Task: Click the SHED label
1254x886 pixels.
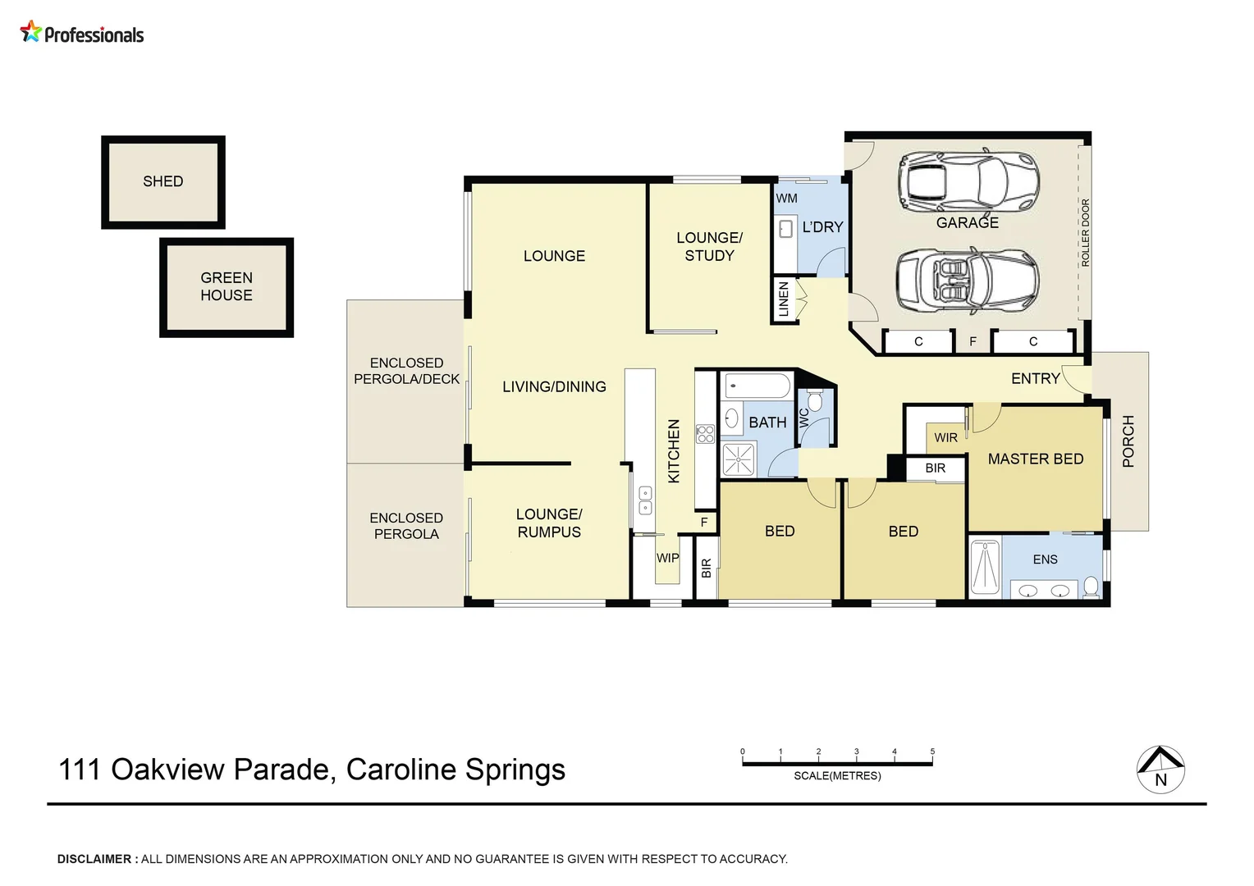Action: pos(162,181)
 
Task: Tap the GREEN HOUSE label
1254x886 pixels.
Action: pos(227,286)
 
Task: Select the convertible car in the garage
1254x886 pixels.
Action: pos(967,281)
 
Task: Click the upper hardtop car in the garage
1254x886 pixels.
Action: pos(968,180)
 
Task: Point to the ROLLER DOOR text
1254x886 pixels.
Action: pos(1085,232)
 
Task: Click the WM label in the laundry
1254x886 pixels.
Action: pos(786,198)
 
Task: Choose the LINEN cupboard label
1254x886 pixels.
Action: pos(784,299)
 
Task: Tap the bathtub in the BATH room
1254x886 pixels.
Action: pos(757,386)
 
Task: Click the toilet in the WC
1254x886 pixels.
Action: pos(814,401)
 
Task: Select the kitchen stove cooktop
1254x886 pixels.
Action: pos(705,434)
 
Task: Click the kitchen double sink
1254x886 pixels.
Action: pos(645,500)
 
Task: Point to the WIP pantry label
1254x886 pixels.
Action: pos(667,558)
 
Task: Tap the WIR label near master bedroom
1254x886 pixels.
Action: pos(945,437)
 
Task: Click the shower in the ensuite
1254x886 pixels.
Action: pos(985,566)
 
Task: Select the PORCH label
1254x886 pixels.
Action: pos(1128,441)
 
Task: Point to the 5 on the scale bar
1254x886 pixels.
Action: pos(932,751)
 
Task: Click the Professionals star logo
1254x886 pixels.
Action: pos(30,32)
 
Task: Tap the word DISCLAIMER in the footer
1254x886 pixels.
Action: pos(94,859)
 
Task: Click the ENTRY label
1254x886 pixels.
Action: pos(1035,378)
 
